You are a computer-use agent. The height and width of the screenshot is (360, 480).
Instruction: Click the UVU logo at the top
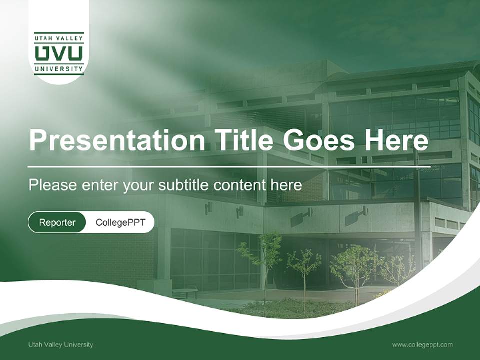pyautogui.click(x=59, y=53)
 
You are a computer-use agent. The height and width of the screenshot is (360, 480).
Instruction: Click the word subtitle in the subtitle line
pyautogui.click(x=184, y=185)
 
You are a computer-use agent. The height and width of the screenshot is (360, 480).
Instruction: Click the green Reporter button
pyautogui.click(x=57, y=222)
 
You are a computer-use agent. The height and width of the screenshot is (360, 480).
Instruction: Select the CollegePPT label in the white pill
pyautogui.click(x=120, y=222)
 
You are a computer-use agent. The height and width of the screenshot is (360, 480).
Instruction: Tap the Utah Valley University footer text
pyautogui.click(x=61, y=344)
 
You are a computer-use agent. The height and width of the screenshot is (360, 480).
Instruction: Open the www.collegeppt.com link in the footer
pyautogui.click(x=422, y=344)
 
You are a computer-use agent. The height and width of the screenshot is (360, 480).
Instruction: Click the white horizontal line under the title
pyautogui.click(x=229, y=166)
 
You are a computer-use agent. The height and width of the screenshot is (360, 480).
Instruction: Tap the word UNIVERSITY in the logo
pyautogui.click(x=59, y=69)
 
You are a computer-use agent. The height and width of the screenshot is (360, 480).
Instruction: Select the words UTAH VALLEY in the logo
pyautogui.click(x=59, y=36)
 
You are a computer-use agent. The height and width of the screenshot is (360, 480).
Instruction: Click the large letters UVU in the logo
pyautogui.click(x=59, y=53)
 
